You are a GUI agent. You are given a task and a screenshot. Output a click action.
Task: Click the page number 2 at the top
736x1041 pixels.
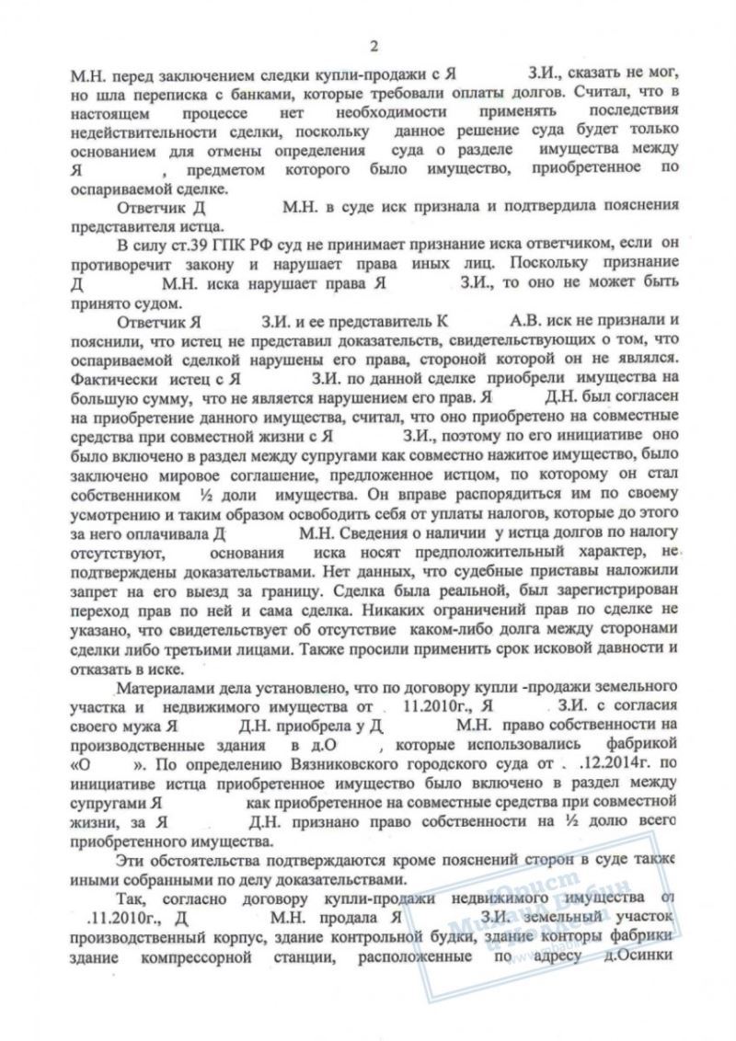click(x=374, y=47)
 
